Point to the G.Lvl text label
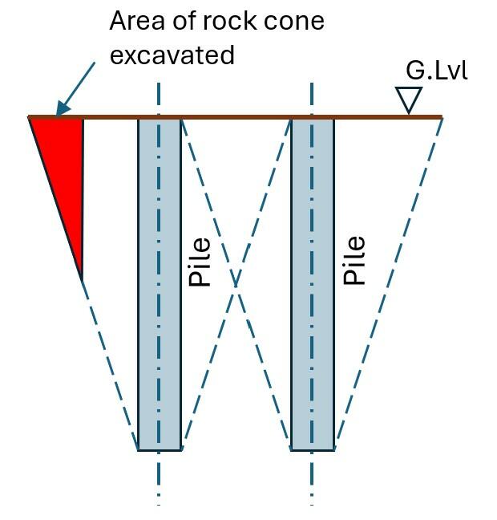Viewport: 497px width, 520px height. coord(436,71)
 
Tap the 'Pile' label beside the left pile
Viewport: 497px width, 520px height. coord(199,262)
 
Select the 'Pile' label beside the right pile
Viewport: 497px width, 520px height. coord(354,260)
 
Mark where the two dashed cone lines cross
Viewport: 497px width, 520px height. coord(236,284)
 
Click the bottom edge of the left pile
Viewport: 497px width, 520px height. coord(159,450)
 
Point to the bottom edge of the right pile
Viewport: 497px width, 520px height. coord(312,450)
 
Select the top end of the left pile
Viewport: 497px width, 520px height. coord(159,119)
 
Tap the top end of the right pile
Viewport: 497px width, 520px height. coord(312,119)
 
